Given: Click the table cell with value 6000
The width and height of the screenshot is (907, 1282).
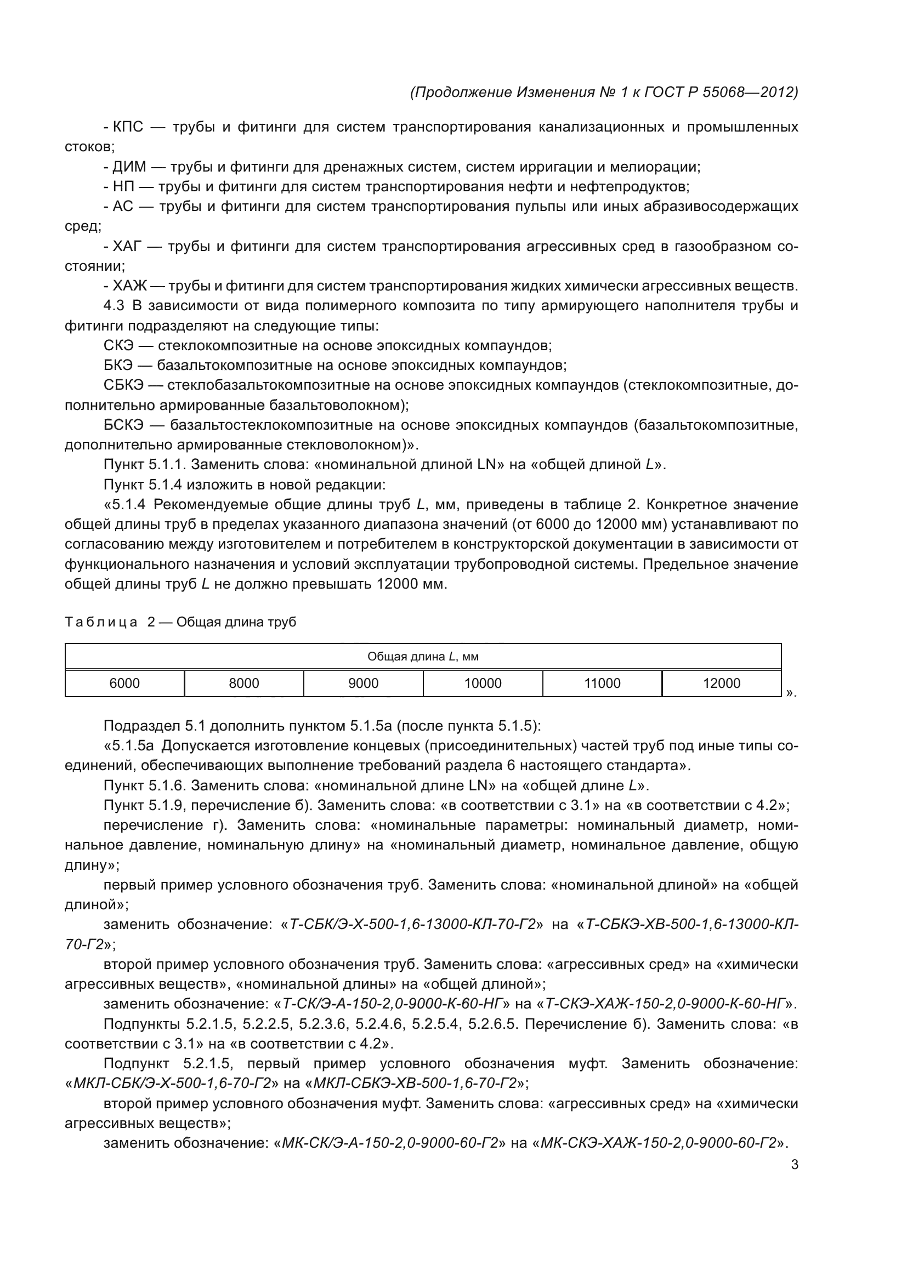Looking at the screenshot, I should (x=124, y=683).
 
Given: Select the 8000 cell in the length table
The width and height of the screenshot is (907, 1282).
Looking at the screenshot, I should (x=244, y=683).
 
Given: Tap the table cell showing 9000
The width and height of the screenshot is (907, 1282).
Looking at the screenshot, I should (x=364, y=683).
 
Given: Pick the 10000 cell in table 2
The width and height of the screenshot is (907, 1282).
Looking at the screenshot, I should (x=483, y=683).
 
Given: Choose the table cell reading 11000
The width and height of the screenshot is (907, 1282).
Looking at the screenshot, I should (x=602, y=683).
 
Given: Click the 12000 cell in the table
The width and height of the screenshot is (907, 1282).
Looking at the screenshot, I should (x=722, y=683).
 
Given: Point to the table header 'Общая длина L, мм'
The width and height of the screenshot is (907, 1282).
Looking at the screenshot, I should (x=423, y=657).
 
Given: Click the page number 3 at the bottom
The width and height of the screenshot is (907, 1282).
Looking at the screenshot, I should (x=795, y=1165).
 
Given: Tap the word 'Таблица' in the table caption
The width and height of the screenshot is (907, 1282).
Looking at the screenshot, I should (x=101, y=623).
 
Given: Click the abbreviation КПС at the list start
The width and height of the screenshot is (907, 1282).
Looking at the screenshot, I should (x=128, y=127).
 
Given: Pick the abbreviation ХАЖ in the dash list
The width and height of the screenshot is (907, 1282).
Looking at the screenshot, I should (x=129, y=287).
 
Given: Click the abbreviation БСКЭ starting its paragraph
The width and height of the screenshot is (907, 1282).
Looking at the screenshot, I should (x=123, y=425).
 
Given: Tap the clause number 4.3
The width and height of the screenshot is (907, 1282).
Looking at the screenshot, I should (x=114, y=306).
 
